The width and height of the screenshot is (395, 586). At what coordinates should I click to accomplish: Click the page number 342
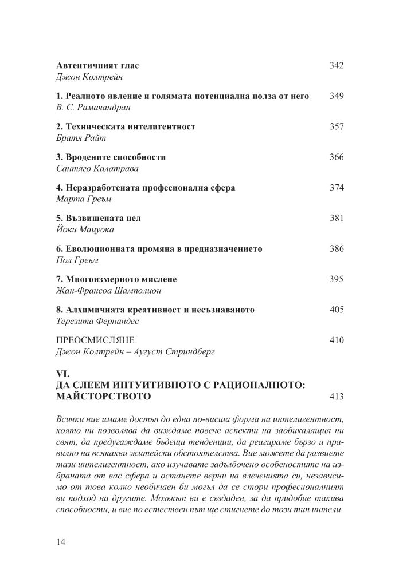(337, 65)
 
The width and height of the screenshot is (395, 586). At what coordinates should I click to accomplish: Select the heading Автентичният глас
(98, 65)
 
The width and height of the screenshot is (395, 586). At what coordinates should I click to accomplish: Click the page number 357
(337, 126)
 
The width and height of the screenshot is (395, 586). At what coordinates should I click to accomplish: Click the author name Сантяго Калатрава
(95, 169)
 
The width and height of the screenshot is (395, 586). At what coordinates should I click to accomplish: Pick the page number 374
(337, 188)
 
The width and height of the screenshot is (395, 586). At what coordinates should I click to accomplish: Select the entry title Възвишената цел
(99, 219)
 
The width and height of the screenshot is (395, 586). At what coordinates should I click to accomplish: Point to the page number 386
(337, 249)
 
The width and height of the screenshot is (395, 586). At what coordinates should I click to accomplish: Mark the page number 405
(337, 310)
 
